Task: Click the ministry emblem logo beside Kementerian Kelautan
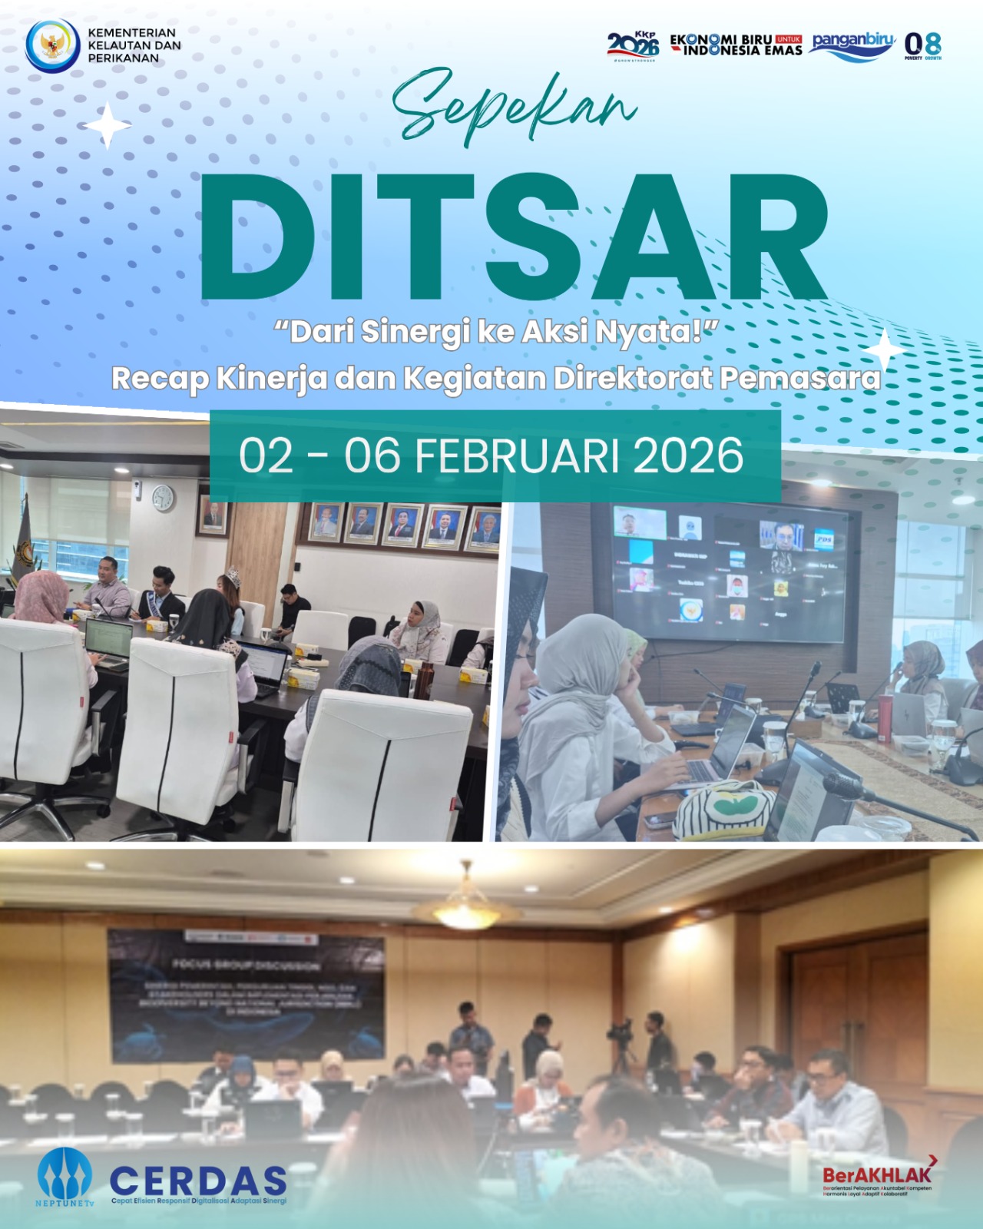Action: tap(52, 45)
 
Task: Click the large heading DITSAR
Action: tap(513, 237)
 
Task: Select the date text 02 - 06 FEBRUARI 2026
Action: tap(491, 455)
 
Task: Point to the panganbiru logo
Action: tap(853, 45)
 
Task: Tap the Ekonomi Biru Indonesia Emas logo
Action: tap(736, 45)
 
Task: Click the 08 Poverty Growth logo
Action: tap(922, 45)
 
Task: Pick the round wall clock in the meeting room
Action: tap(163, 498)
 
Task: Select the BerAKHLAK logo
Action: tap(878, 1175)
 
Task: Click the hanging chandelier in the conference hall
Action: tap(465, 899)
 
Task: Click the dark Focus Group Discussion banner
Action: tap(246, 995)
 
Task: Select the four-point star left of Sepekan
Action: tap(108, 125)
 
